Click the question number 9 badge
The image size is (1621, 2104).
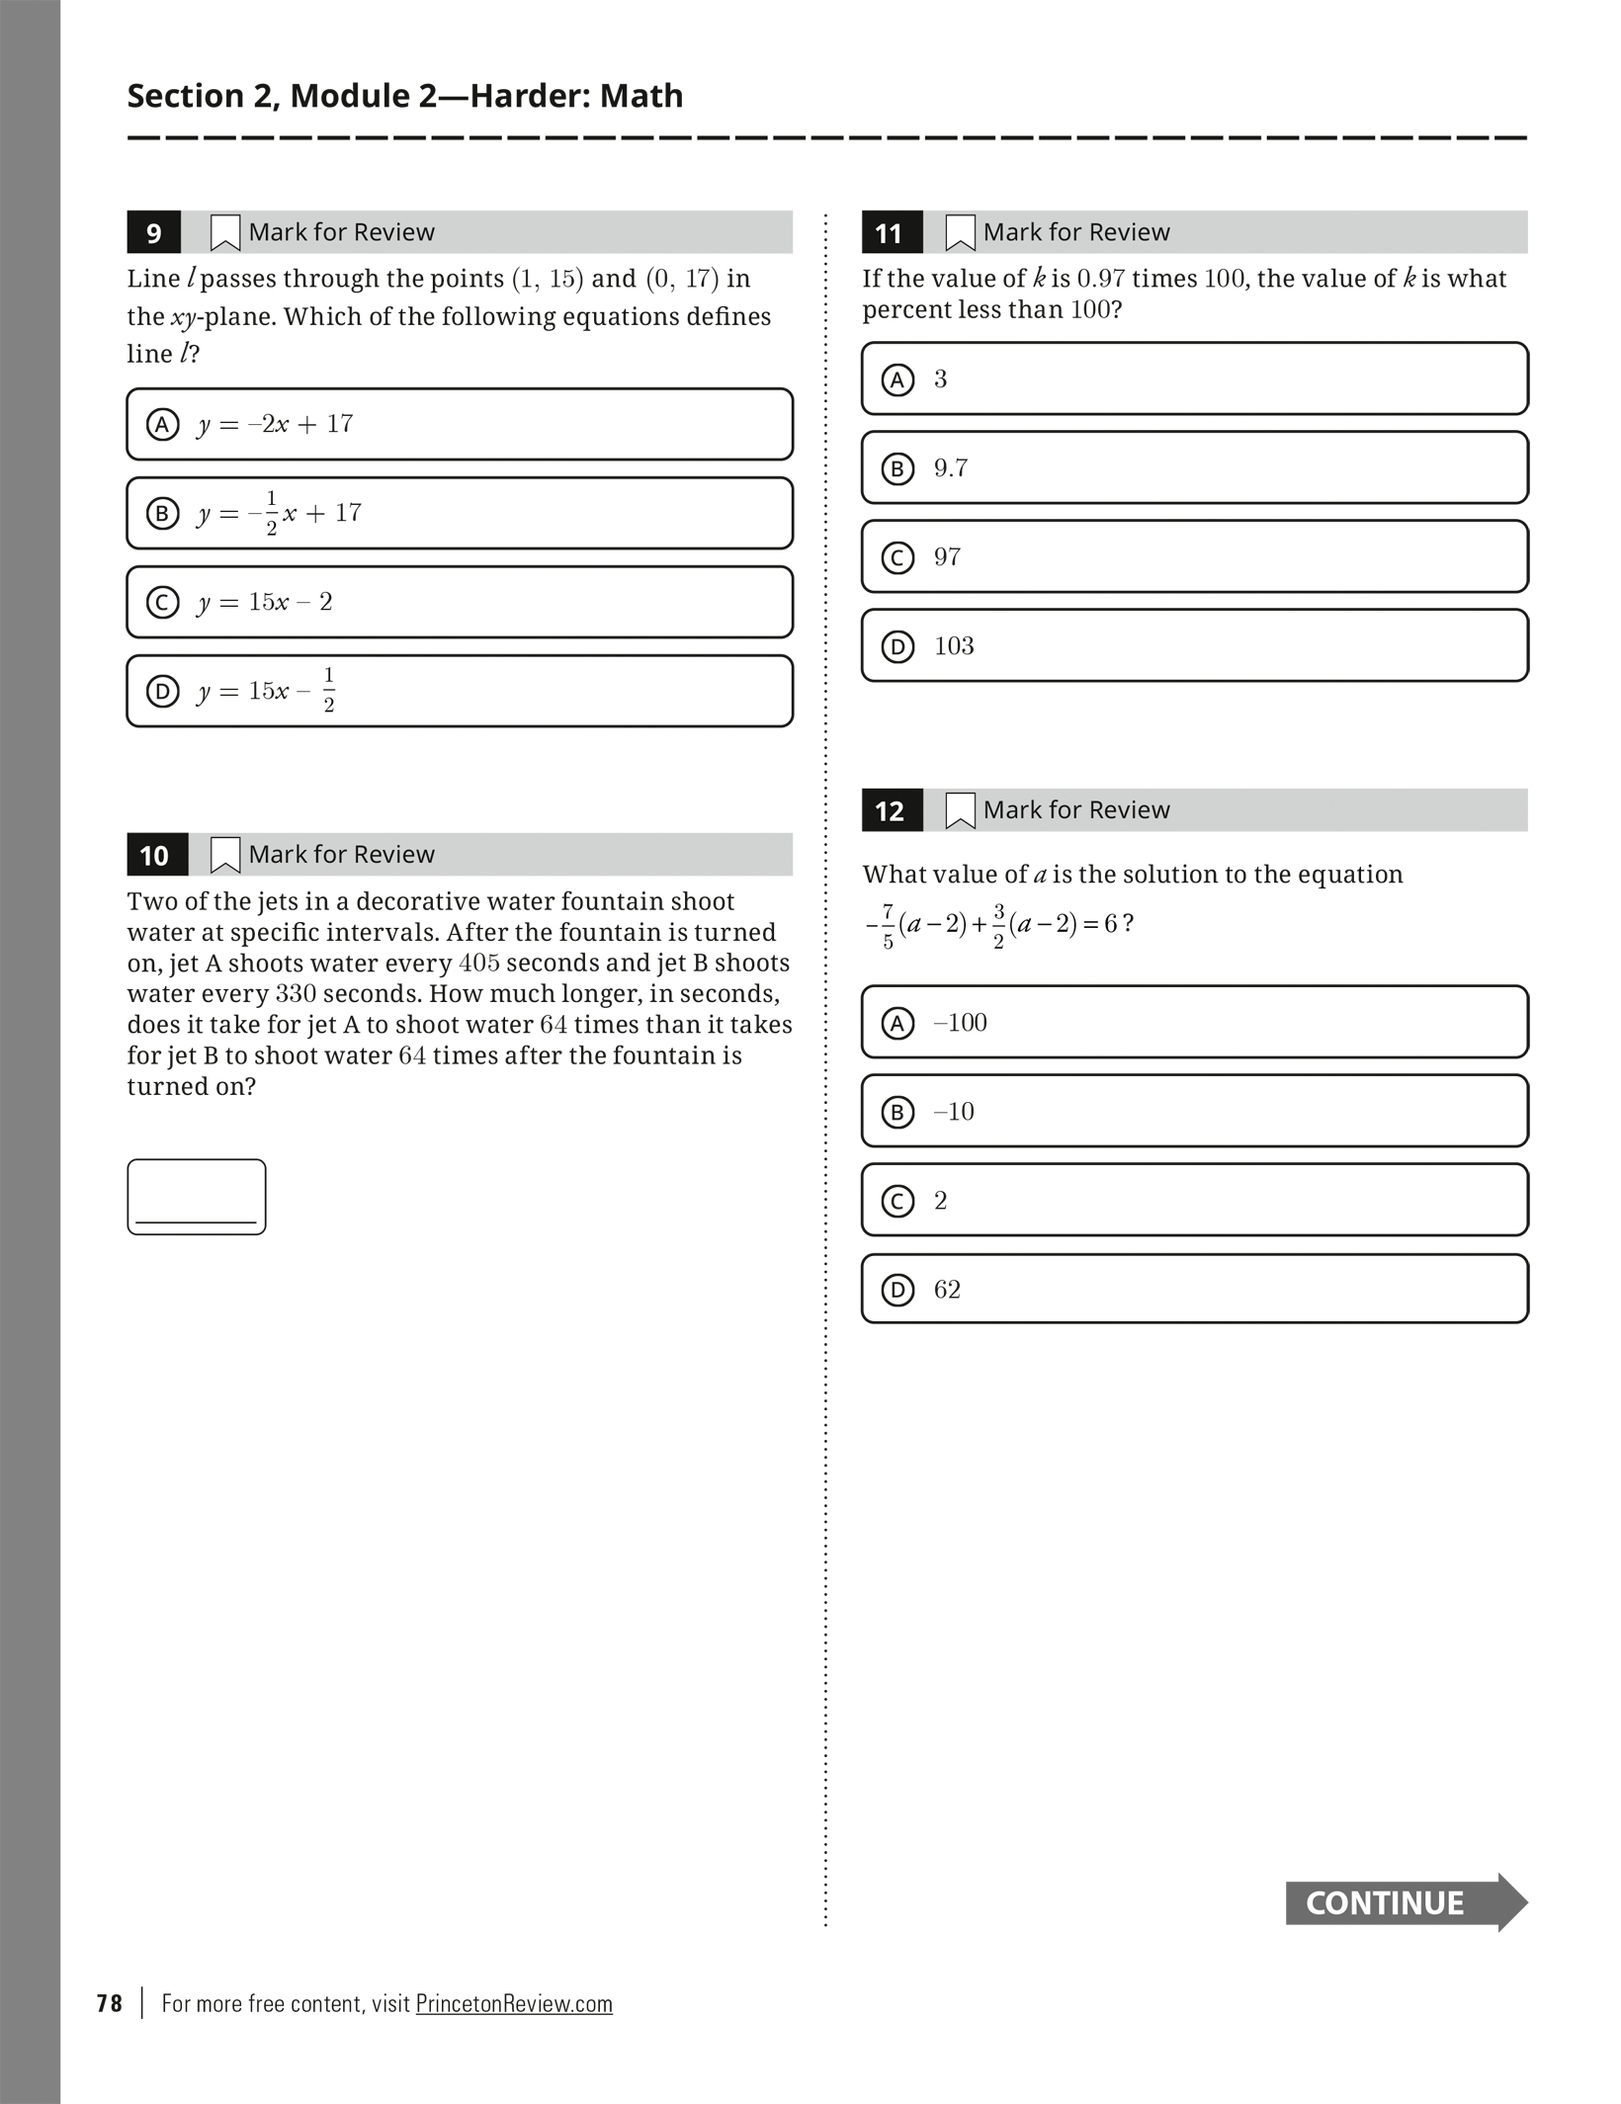click(x=153, y=233)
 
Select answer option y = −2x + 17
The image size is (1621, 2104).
click(x=460, y=425)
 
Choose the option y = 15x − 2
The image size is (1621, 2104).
click(x=460, y=602)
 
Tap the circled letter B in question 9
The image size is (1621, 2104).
click(x=163, y=514)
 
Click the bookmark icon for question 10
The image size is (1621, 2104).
click(x=225, y=856)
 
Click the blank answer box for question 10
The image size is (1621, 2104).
click(x=196, y=1197)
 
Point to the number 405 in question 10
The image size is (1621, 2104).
click(x=479, y=964)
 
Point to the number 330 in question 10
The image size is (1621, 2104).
click(x=296, y=994)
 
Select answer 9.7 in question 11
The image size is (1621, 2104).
click(x=1194, y=468)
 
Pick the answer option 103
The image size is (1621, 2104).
click(x=1194, y=646)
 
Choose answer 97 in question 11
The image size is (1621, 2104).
click(x=1194, y=557)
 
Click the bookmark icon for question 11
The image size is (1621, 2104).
click(x=960, y=233)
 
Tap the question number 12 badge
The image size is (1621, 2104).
click(x=890, y=811)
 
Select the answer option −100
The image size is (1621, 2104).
click(x=1194, y=1023)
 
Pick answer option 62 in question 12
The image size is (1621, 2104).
click(x=1194, y=1290)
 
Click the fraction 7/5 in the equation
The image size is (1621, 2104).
click(x=888, y=926)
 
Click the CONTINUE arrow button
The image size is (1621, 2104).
click(x=1404, y=1903)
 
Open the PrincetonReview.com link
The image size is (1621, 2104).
click(x=514, y=2004)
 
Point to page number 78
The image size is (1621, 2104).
click(x=110, y=2004)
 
